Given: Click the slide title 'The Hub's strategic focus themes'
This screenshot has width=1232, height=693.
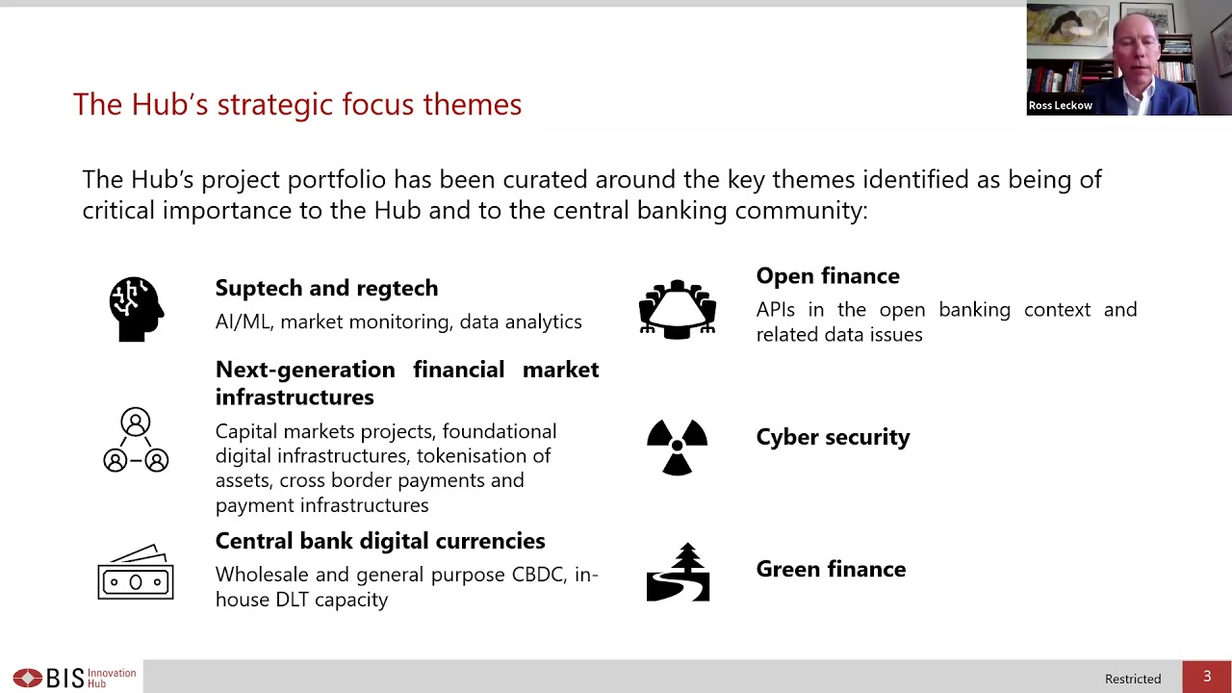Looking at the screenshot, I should tap(296, 104).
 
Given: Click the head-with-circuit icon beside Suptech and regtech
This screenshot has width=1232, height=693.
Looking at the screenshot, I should tap(136, 309).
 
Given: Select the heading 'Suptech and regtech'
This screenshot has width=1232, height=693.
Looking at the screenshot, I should tap(326, 288).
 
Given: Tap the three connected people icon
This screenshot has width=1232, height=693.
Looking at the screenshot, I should tap(136, 441).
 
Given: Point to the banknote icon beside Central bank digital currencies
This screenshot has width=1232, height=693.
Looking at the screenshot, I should tap(136, 574).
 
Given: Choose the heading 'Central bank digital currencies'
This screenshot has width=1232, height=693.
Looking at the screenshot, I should tap(380, 541).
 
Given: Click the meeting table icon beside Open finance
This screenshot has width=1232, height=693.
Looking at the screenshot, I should tap(678, 309).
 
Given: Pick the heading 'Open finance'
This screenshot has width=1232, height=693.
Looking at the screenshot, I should tap(828, 276).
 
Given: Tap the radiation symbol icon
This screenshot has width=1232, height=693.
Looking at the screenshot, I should tap(678, 447).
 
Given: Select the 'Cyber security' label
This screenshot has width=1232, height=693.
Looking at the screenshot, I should tap(833, 437).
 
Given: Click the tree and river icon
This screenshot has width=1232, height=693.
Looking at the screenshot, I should tap(678, 573).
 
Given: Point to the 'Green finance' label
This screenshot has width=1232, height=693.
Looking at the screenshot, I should tap(831, 569).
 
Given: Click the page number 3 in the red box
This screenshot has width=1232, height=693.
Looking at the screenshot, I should tap(1207, 677).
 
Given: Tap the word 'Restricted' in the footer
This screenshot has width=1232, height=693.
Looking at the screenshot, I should tap(1133, 679).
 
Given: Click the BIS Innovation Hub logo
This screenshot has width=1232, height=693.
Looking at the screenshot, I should tap(74, 678).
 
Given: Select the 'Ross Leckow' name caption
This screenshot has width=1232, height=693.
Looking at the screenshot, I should tap(1061, 106).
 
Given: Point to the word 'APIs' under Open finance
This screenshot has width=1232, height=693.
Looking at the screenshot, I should tap(776, 310).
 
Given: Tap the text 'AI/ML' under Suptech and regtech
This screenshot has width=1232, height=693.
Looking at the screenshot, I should tap(243, 321).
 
